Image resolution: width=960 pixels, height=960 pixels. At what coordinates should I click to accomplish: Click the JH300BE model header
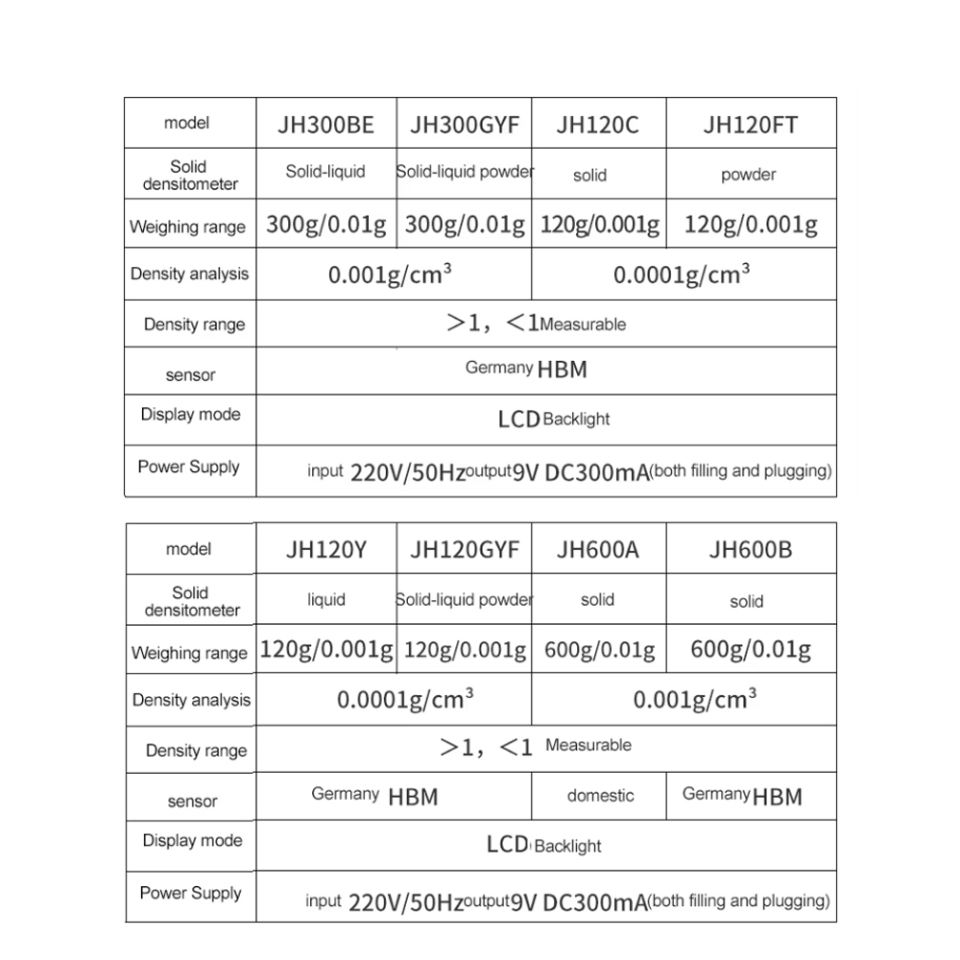(326, 125)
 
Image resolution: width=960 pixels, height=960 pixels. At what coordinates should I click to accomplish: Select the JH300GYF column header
(465, 125)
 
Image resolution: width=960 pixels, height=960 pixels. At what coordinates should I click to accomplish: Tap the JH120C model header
(597, 125)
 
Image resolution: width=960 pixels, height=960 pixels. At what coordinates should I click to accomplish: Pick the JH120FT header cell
(750, 125)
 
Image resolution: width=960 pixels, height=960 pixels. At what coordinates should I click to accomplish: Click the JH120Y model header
(326, 551)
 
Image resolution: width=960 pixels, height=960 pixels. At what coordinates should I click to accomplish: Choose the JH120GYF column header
(465, 550)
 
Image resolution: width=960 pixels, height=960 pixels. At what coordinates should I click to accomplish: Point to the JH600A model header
(597, 551)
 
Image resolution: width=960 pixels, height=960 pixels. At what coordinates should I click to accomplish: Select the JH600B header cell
(750, 551)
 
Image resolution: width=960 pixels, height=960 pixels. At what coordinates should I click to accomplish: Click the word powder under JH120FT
(748, 175)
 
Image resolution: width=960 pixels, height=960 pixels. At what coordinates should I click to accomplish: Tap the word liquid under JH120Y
(325, 600)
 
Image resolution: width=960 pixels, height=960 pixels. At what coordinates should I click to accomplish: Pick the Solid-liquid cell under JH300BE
(325, 172)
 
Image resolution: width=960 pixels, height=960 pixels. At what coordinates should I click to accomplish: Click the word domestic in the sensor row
(600, 796)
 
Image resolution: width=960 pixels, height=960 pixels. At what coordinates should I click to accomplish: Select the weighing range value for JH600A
(599, 650)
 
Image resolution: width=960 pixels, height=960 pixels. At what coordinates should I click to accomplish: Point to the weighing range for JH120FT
(750, 225)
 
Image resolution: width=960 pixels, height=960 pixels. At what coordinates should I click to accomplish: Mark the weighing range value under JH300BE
(326, 226)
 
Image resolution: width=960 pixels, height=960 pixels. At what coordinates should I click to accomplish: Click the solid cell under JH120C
(589, 176)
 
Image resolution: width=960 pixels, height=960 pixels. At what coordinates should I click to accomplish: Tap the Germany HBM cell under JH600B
(742, 796)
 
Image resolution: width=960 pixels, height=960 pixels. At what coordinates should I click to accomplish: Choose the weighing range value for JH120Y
(326, 650)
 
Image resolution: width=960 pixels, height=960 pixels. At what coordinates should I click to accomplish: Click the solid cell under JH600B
(746, 602)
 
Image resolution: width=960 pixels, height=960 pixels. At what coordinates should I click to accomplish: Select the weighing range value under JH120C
(600, 226)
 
